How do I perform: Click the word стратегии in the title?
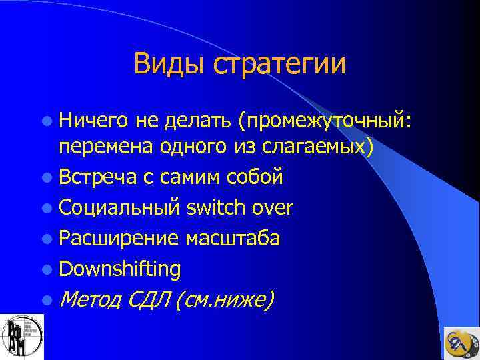click(279, 65)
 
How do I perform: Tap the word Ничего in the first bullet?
click(93, 119)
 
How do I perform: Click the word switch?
click(217, 208)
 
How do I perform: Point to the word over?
click(272, 208)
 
